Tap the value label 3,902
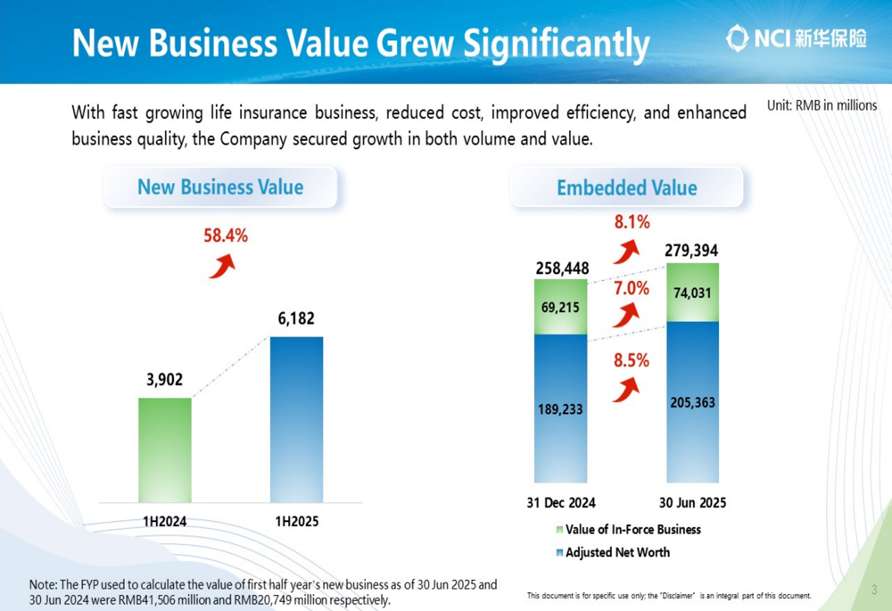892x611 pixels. click(x=164, y=380)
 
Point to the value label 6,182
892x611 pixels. click(x=296, y=318)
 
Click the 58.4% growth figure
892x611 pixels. click(x=225, y=236)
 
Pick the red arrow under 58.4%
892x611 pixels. click(x=221, y=266)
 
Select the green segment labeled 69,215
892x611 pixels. click(x=560, y=307)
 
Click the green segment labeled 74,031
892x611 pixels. click(x=692, y=293)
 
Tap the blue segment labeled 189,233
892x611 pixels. click(x=560, y=409)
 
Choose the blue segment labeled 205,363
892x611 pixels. click(x=692, y=402)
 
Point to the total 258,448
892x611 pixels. click(x=562, y=268)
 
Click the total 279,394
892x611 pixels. click(x=691, y=251)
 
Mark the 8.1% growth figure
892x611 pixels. click(x=632, y=222)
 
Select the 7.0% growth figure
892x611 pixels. click(x=631, y=288)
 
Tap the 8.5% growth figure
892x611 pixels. click(x=631, y=361)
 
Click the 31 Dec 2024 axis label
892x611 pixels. click(x=560, y=503)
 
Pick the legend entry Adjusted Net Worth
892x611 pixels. click(x=616, y=552)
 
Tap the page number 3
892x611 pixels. click(x=874, y=590)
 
